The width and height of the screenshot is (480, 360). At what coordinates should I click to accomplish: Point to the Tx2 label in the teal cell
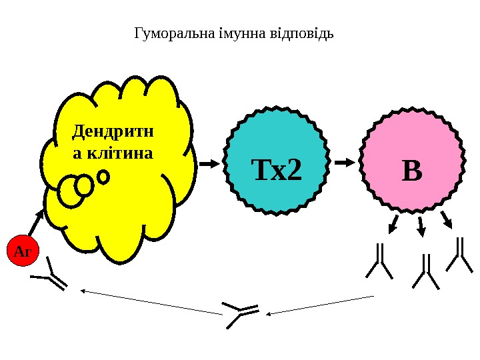click(276, 171)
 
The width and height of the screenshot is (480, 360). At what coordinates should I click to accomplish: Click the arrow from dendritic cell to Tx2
click(209, 163)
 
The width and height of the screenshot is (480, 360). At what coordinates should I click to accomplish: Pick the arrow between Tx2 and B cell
click(345, 162)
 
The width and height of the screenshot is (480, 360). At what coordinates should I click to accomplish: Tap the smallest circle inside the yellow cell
click(103, 177)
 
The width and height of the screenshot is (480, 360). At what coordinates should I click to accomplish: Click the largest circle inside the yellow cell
click(70, 191)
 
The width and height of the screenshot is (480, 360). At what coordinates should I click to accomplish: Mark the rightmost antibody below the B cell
click(459, 255)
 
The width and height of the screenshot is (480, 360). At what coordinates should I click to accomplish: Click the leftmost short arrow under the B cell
click(393, 223)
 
